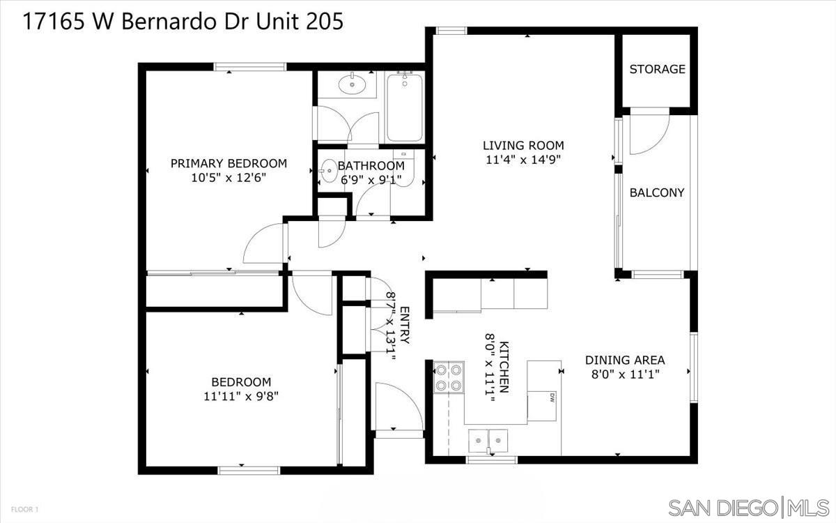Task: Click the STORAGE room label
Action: pos(657,69)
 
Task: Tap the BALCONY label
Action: pos(657,192)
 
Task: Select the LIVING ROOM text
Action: pos(523,145)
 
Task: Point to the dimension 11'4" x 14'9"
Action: pos(523,159)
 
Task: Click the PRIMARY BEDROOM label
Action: pos(229,163)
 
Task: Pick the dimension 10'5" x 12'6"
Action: pos(229,177)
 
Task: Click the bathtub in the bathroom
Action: pos(404,108)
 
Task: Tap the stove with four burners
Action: pos(449,377)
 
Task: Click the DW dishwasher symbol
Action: pos(551,397)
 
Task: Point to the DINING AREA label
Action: pos(625,360)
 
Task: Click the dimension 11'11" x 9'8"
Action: pos(241,396)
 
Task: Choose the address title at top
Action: pos(183,22)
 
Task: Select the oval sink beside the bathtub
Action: pos(353,86)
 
